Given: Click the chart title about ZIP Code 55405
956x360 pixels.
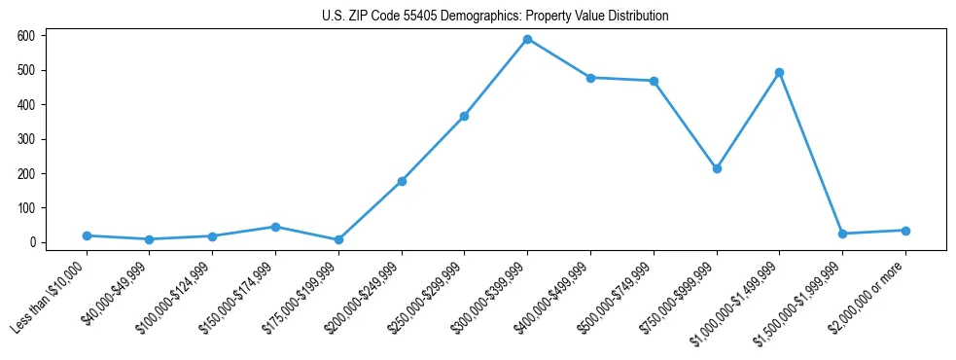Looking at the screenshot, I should pos(495,17).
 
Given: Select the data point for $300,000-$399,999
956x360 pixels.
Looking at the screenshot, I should pos(527,39).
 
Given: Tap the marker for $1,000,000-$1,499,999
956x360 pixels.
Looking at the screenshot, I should pos(779,72).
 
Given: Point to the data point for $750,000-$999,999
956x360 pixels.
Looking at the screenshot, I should pos(717,168).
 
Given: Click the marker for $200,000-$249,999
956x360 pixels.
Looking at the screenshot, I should pos(402,181).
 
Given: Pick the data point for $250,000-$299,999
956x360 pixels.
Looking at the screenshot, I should pos(464,116).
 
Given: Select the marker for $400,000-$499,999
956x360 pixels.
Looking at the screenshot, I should pos(590,77).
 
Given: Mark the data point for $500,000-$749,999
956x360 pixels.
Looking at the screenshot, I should pos(654,81).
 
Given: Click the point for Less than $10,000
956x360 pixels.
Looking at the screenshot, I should pos(87,235).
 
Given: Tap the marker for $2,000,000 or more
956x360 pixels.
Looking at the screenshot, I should pos(905,231).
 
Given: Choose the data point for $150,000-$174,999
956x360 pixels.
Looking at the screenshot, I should pos(275,227).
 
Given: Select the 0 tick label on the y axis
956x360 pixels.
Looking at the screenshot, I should pos(32,242).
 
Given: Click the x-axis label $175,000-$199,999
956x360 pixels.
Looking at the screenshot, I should pos(302,297).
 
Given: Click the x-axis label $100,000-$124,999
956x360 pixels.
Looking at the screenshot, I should pos(176,297).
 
